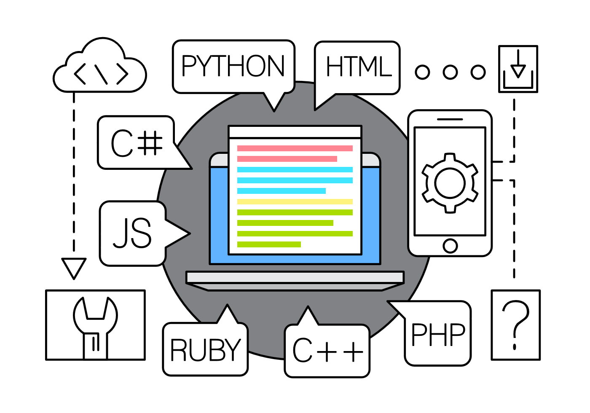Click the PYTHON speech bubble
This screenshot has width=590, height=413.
point(233,66)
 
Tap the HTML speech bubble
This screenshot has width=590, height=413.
point(358,67)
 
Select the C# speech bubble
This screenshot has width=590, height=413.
point(136,143)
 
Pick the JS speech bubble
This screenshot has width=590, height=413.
point(132,233)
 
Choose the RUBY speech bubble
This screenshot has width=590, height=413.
point(205,350)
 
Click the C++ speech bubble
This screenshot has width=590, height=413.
point(327,351)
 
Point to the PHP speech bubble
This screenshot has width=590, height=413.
point(438,334)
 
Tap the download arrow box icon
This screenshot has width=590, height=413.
point(518,69)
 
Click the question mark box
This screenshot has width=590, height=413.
point(515,325)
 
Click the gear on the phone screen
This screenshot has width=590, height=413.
point(450,183)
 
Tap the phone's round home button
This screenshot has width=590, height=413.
point(450,246)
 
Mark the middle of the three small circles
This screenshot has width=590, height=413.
point(450,72)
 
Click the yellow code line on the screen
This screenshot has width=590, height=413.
point(295,201)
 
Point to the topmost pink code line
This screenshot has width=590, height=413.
point(295,148)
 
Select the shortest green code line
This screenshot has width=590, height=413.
point(269,244)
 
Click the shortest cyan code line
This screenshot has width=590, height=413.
point(281,191)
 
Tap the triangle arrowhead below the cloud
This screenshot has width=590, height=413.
point(74,267)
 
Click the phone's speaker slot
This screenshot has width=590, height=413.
point(450,119)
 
